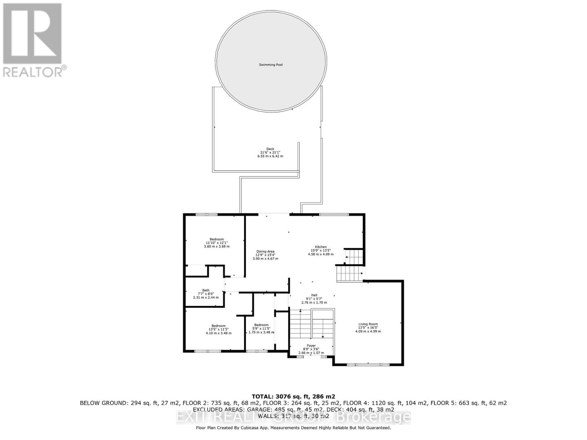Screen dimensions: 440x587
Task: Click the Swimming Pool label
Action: (271, 65)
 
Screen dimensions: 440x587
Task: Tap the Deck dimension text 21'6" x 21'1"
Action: (270, 153)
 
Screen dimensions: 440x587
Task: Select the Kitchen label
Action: (321, 247)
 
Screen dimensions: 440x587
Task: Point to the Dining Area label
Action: (265, 252)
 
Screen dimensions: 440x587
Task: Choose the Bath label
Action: (206, 290)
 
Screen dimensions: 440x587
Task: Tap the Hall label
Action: (314, 295)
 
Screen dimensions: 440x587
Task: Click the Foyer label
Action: (311, 346)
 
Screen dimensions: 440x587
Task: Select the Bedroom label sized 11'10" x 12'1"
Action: (216, 239)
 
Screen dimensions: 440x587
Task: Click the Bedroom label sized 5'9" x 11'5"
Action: (261, 325)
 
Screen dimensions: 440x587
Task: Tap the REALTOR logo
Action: (33, 40)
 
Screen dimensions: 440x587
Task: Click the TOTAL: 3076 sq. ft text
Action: (293, 396)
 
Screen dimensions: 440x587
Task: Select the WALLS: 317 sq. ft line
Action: (293, 416)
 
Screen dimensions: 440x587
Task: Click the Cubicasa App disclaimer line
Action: (293, 428)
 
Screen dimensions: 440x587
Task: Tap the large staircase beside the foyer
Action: (312, 324)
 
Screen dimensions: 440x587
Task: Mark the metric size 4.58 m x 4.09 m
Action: (321, 254)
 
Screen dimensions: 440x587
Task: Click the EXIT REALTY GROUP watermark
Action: (293, 417)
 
